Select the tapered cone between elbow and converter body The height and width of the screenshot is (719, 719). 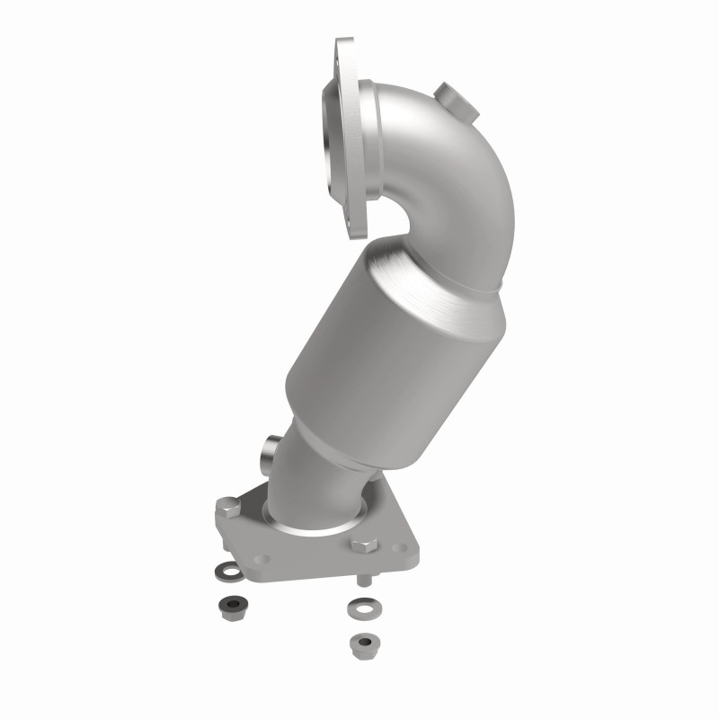click(449, 270)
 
